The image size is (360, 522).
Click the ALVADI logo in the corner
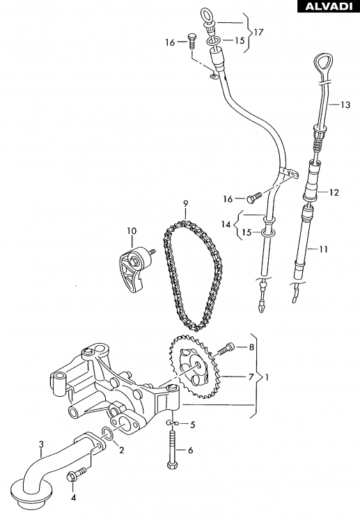click(x=329, y=6)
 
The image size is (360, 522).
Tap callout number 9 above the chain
click(x=186, y=203)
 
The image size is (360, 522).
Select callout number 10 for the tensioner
click(x=132, y=230)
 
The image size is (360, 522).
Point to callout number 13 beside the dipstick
click(x=345, y=105)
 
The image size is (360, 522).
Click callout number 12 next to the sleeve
click(x=334, y=192)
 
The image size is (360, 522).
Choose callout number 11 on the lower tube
click(x=323, y=249)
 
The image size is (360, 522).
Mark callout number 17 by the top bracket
click(x=258, y=32)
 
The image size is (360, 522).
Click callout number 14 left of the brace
click(x=226, y=224)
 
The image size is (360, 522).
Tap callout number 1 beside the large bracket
click(x=267, y=377)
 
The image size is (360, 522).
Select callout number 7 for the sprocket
click(x=251, y=377)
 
